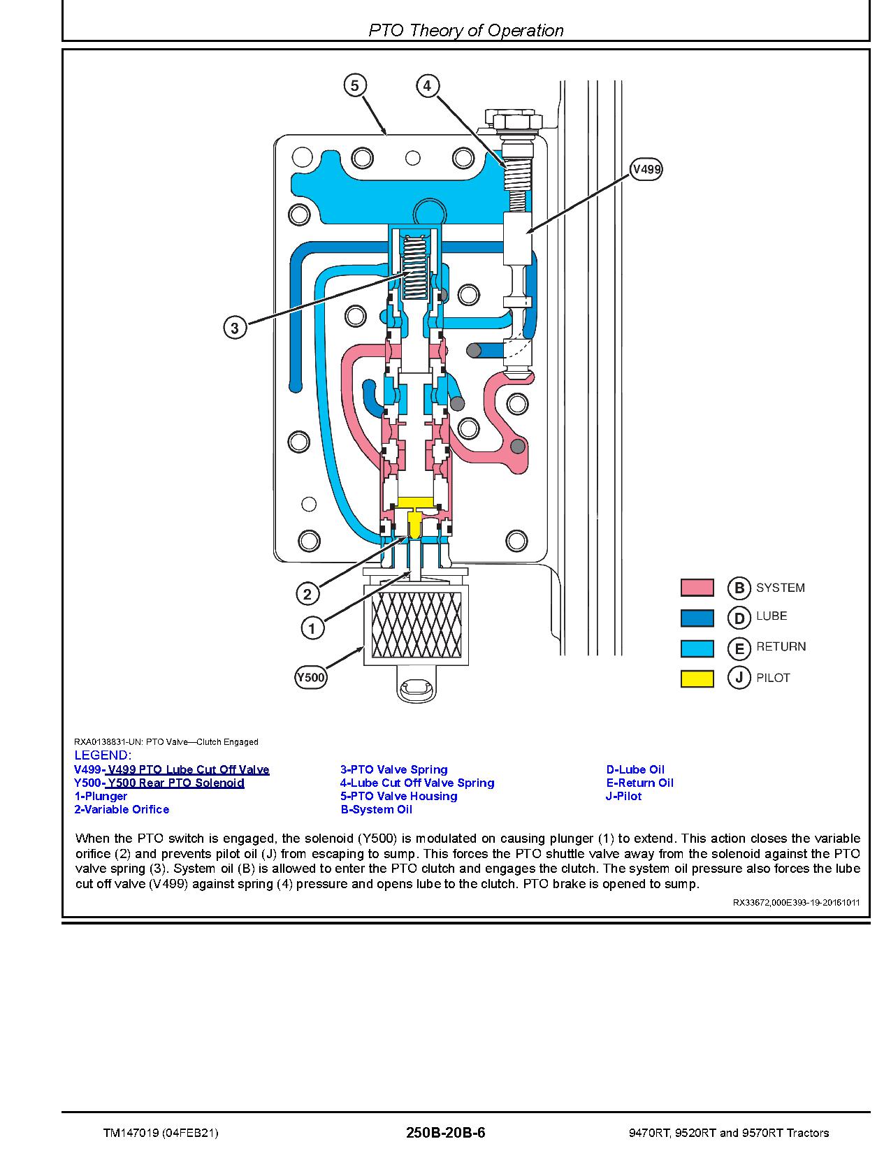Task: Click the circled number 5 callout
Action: point(355,86)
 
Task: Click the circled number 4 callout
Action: point(428,86)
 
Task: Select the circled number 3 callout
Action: point(235,328)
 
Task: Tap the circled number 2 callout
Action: point(307,595)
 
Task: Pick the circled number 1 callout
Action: point(312,628)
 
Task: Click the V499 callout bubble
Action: point(646,169)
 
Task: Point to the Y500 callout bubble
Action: point(310,677)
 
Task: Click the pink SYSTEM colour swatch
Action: point(697,588)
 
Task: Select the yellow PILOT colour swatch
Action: point(697,679)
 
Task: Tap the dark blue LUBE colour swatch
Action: point(697,618)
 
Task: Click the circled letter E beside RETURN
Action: point(739,648)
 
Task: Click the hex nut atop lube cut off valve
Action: point(517,119)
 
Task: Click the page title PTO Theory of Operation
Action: point(465,31)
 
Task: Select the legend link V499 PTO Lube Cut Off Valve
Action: point(171,769)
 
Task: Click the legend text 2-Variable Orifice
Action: point(122,809)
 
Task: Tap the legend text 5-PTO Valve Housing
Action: point(398,796)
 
